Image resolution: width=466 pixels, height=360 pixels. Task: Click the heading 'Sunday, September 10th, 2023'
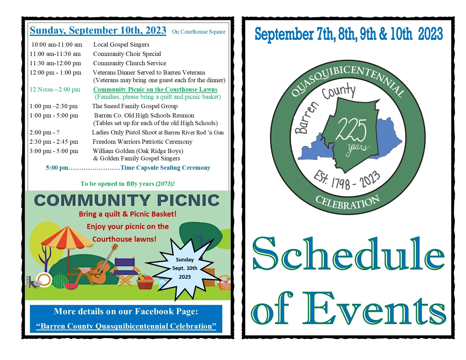click(x=98, y=30)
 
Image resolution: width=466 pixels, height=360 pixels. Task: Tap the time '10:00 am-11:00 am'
click(x=57, y=45)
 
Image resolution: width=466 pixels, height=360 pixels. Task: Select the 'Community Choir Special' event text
click(x=127, y=54)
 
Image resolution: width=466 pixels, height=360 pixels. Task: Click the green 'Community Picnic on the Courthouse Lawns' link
click(x=155, y=90)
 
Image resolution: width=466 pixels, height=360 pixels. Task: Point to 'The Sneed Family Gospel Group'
click(x=135, y=106)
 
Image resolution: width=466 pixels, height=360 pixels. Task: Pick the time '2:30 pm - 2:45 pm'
click(x=54, y=142)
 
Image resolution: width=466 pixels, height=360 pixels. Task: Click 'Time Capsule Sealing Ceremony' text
click(x=165, y=168)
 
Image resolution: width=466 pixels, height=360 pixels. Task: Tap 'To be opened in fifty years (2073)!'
click(x=128, y=184)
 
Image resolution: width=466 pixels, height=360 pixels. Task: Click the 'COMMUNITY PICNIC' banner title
click(x=127, y=200)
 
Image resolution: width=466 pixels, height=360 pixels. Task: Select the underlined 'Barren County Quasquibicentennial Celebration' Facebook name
click(x=126, y=326)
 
